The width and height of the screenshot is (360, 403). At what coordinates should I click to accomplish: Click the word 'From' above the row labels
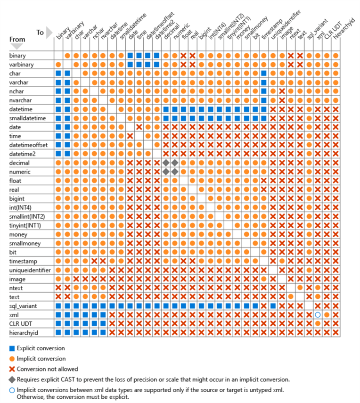[x=17, y=40]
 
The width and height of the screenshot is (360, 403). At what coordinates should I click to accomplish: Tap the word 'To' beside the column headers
[x=40, y=33]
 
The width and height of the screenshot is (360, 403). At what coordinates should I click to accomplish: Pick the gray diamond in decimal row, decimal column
[x=165, y=163]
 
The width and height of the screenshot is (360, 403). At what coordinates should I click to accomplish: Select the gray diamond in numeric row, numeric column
[x=174, y=172]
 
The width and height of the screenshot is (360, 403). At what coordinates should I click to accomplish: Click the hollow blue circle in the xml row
[x=318, y=314]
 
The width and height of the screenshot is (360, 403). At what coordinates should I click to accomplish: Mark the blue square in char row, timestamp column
[x=264, y=73]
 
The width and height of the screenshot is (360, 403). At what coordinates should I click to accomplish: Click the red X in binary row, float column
[x=183, y=56]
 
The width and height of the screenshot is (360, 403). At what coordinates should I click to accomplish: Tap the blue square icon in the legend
[x=12, y=349]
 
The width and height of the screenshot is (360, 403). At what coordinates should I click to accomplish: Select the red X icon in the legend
[x=12, y=369]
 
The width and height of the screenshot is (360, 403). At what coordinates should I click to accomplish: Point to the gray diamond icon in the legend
[x=12, y=379]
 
